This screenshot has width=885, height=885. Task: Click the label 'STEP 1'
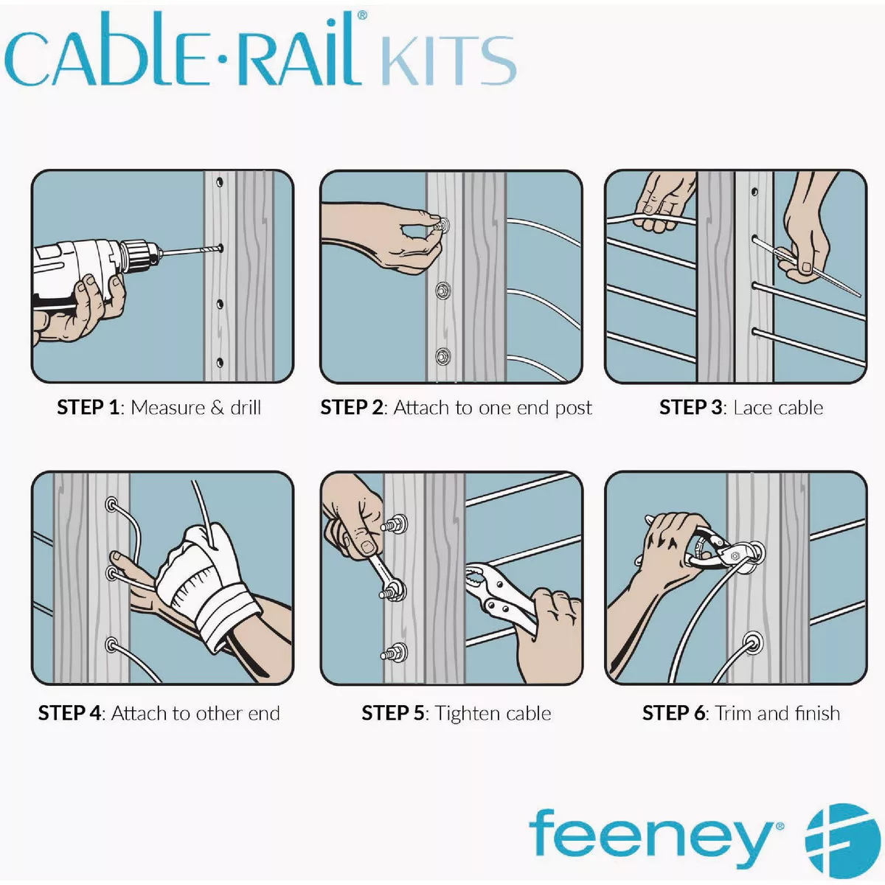click(88, 408)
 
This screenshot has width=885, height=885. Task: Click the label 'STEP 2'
click(352, 408)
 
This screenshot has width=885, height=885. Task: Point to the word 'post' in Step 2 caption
click(572, 409)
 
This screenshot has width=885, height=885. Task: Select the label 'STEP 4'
click(69, 713)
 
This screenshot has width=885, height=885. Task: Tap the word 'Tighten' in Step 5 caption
click(467, 713)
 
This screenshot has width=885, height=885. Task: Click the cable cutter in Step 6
click(712, 549)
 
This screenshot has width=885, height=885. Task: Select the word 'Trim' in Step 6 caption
click(733, 713)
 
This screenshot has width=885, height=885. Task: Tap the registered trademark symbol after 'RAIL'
click(361, 15)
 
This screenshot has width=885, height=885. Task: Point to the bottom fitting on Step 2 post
click(443, 355)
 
